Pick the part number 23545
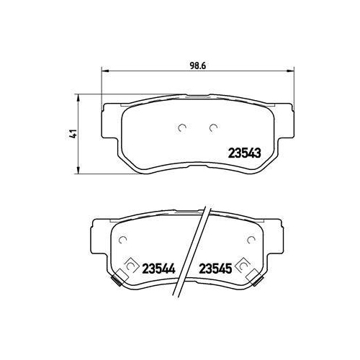215,266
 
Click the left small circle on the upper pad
181,129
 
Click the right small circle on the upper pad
212,129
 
